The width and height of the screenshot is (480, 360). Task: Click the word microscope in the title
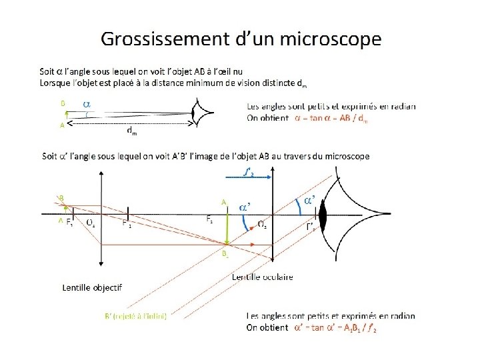(x=331, y=39)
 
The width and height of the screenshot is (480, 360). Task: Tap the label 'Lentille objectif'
(x=91, y=287)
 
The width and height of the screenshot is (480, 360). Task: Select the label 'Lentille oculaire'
(x=262, y=277)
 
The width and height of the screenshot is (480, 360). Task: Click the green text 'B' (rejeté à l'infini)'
(x=135, y=316)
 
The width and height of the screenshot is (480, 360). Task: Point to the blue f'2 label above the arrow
(x=249, y=173)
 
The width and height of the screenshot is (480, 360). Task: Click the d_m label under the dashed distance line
(x=132, y=133)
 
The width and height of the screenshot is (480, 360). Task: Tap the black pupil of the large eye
(x=324, y=216)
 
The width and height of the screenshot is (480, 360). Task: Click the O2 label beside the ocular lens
(x=263, y=225)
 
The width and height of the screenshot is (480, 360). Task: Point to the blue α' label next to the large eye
(x=310, y=200)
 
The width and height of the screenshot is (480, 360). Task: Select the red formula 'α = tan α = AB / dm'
(x=330, y=118)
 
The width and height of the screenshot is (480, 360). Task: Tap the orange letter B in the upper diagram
(x=62, y=103)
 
